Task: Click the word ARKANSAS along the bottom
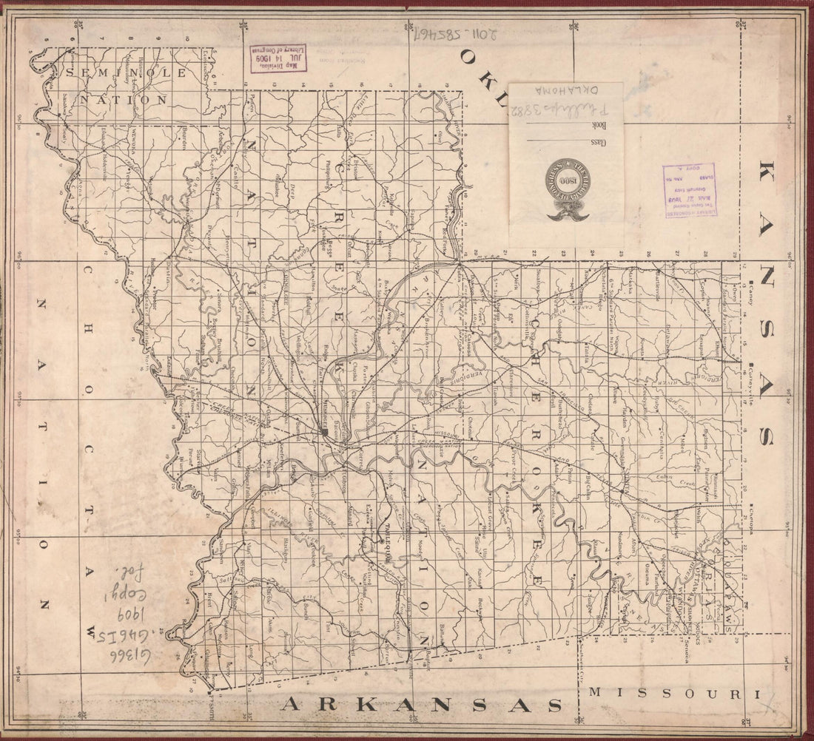(420, 705)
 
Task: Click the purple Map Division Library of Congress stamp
(278, 57)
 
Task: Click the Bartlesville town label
(656, 285)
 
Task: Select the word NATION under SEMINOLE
(124, 98)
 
